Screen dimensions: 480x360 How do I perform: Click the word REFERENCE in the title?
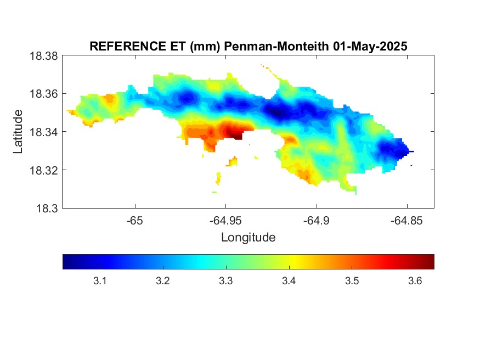coord(128,46)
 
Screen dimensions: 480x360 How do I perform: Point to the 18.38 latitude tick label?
coord(43,56)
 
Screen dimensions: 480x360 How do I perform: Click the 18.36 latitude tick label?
coord(43,94)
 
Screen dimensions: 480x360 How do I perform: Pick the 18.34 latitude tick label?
coord(43,132)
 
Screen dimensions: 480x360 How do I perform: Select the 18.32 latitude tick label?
coord(43,170)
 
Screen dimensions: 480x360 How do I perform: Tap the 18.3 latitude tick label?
coord(47,209)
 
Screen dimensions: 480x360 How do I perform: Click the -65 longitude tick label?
coord(135,221)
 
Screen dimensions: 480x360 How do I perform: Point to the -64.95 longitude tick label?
coord(225,221)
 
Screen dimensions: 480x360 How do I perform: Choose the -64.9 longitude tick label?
coord(317,221)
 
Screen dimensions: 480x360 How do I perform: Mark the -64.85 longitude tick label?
coord(407,221)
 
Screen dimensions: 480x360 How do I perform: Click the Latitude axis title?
coord(18,132)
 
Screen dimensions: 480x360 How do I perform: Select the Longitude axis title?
coord(249,238)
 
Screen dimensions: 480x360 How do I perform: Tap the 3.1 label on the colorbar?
coord(100,281)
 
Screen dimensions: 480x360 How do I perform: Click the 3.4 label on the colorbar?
coord(289,281)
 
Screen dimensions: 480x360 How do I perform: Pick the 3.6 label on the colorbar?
coord(415,281)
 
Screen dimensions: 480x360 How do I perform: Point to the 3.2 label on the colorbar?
coord(163,281)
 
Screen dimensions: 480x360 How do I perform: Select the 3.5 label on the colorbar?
coord(352,281)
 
